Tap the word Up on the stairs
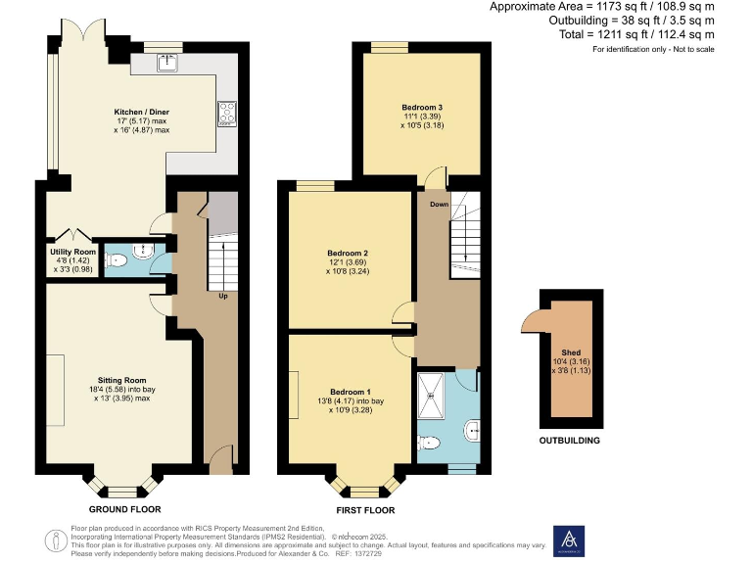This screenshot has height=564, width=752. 224,296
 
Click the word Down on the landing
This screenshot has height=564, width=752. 438,205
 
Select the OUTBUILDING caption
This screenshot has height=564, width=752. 570,441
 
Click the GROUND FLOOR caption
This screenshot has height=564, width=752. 124,509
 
